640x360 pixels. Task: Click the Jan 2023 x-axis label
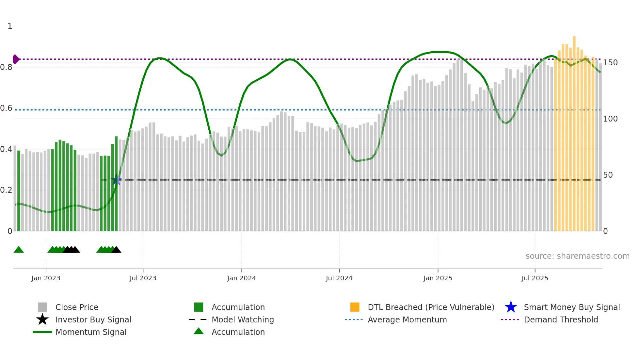[46, 278]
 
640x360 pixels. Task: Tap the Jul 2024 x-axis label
[339, 278]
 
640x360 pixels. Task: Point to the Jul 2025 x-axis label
[535, 278]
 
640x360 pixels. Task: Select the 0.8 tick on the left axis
[6, 67]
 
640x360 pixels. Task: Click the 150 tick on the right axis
[610, 63]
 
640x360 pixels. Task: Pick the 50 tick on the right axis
[608, 175]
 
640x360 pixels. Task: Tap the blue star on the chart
[116, 180]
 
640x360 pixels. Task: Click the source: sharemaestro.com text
[577, 256]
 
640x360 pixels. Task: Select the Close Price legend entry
[76, 307]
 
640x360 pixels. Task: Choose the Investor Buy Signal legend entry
[93, 319]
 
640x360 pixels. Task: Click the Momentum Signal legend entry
[91, 332]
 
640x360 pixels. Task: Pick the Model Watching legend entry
[242, 319]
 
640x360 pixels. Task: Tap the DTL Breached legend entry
[431, 307]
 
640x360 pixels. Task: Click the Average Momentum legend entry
[407, 319]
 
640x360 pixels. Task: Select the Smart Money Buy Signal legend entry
[571, 307]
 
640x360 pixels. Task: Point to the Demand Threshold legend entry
[561, 319]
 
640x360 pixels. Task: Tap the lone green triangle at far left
[19, 250]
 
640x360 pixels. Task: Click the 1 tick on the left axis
[10, 26]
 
